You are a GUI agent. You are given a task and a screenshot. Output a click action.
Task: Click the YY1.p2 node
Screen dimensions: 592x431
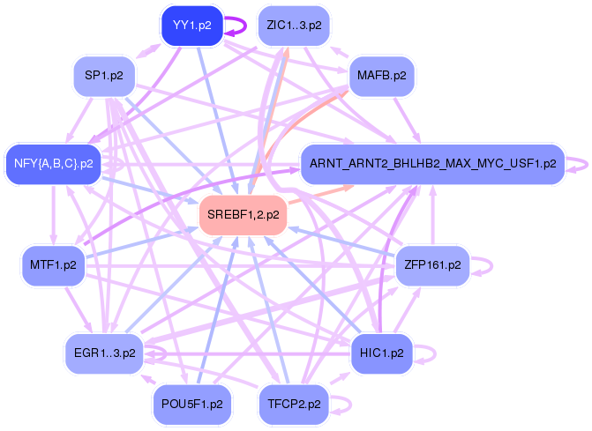[x=192, y=26]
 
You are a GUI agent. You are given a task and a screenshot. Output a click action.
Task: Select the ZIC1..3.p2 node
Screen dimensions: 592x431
[x=294, y=26]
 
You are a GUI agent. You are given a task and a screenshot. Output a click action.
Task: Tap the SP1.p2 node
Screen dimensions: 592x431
[x=104, y=76]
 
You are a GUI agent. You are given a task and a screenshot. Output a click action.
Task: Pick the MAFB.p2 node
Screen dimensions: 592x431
[x=382, y=76]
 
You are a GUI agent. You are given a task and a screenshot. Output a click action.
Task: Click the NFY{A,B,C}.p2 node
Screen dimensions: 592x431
[x=54, y=164]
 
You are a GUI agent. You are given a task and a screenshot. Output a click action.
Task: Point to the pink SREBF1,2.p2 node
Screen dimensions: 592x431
[x=244, y=215]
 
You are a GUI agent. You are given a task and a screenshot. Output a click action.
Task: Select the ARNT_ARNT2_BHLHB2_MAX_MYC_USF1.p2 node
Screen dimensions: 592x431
[x=432, y=164]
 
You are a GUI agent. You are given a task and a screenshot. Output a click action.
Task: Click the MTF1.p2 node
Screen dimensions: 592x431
[x=53, y=265]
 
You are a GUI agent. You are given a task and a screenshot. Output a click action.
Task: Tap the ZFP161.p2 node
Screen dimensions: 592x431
[x=432, y=265]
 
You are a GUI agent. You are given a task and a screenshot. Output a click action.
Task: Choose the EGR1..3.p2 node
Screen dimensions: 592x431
[x=105, y=353]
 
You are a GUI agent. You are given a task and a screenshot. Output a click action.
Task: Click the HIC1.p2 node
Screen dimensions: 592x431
[x=382, y=353]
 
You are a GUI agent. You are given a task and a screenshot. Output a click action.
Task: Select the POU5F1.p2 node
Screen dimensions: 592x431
[x=192, y=405]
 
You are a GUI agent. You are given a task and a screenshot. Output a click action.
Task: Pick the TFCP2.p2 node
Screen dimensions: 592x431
[x=294, y=405]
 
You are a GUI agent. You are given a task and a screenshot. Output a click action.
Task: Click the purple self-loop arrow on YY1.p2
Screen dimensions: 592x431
[x=246, y=26]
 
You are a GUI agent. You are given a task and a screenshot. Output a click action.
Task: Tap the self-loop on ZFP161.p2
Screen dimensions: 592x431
[x=491, y=266]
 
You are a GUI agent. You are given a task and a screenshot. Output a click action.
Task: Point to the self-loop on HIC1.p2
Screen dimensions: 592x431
[x=435, y=354]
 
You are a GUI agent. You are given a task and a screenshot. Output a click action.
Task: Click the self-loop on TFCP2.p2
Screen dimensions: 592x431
[x=351, y=405]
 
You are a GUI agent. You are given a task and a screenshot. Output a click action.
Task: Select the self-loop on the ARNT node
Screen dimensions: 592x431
[x=587, y=165]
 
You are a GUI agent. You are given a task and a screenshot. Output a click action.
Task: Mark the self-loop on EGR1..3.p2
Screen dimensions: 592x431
[x=165, y=353]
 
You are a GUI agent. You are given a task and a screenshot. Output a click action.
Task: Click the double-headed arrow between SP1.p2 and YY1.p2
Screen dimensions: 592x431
[x=148, y=51]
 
